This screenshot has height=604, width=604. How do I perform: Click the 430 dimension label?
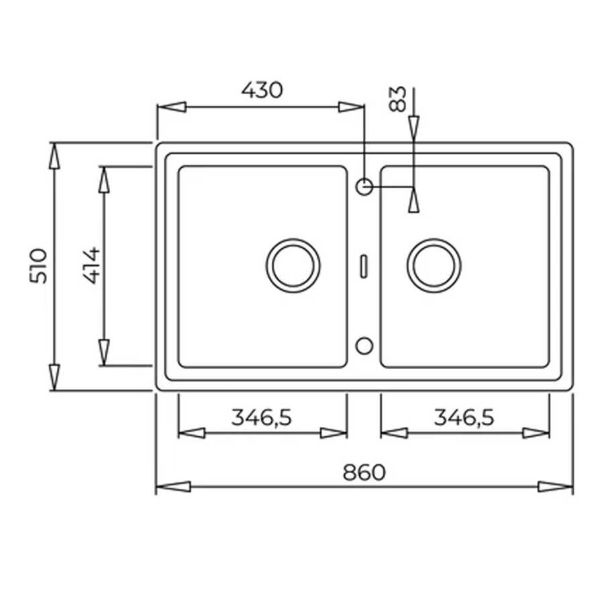click(x=262, y=90)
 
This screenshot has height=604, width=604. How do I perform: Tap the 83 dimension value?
click(x=397, y=99)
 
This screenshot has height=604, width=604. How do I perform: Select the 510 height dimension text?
click(x=38, y=266)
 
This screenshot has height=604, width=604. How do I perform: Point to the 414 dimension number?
click(x=92, y=265)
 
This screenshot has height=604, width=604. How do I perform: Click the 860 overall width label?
click(x=364, y=472)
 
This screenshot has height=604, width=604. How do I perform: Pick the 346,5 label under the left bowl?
click(x=262, y=417)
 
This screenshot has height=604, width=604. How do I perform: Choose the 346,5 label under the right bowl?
click(x=464, y=417)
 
